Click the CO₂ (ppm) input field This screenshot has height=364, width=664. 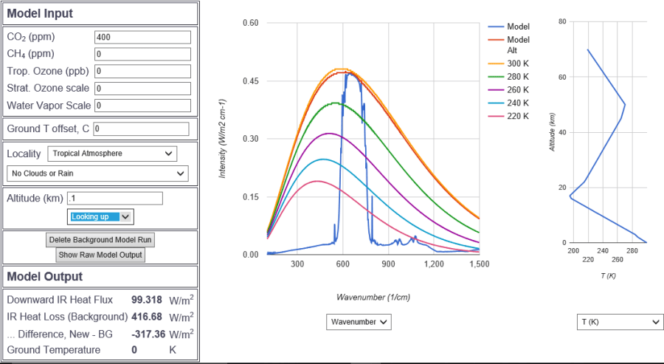(142, 37)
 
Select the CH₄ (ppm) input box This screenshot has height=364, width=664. (142, 54)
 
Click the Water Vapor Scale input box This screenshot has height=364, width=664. (142, 106)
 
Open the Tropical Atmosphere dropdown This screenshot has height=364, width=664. (112, 154)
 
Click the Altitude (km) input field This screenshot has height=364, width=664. (114, 199)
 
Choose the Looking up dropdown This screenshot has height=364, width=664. (101, 216)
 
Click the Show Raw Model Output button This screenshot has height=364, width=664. (100, 255)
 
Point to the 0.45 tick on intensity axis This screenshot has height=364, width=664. (251, 80)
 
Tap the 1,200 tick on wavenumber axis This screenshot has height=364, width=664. (434, 264)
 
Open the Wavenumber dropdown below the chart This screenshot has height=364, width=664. (359, 322)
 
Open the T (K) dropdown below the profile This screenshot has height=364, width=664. (620, 322)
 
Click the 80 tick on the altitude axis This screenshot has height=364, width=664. (562, 21)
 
